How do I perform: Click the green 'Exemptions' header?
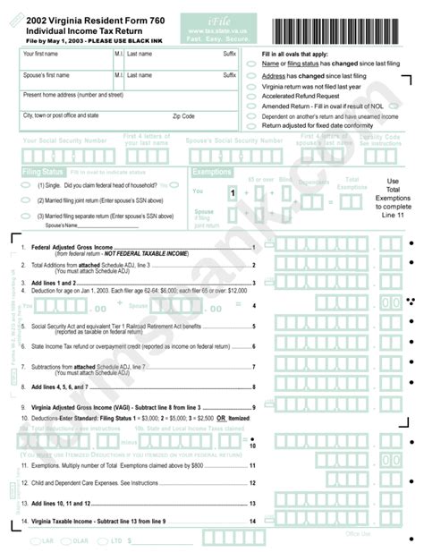(x=212, y=171)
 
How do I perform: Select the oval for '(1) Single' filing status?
(x=29, y=185)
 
